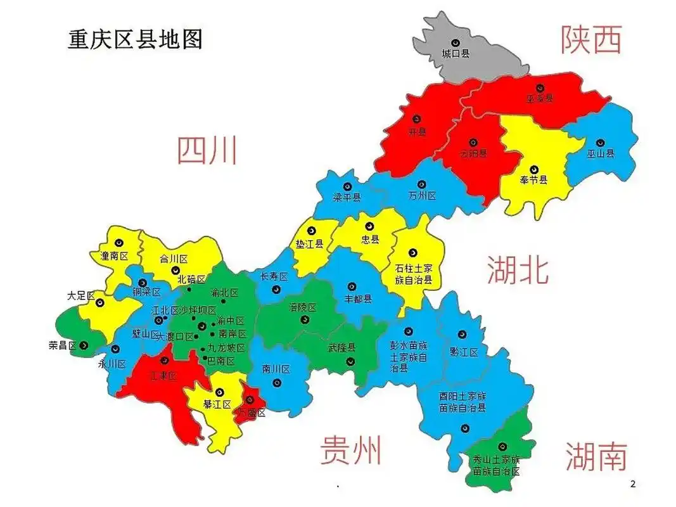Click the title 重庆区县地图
point(135,39)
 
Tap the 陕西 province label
point(590,39)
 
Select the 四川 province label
point(207,151)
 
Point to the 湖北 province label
point(517,271)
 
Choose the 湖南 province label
point(596,456)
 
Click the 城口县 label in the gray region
point(456,54)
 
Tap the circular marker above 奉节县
point(533,170)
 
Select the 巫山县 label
point(600,153)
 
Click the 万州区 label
point(423,196)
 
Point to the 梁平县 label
point(347,197)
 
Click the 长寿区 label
point(274,277)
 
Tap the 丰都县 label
point(358,299)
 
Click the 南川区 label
point(276,369)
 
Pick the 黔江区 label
point(464,352)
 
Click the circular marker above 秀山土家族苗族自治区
point(502,447)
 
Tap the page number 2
point(632,485)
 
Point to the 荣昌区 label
point(63,345)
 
